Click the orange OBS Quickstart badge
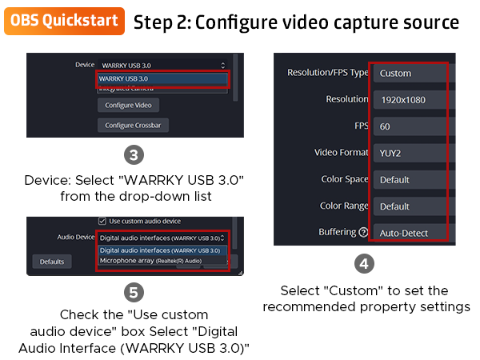[65, 21]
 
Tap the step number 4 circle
[364, 263]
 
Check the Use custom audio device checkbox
[102, 220]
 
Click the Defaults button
[52, 262]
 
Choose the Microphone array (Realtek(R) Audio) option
[150, 261]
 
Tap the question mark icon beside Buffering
[363, 233]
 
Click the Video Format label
[342, 153]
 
